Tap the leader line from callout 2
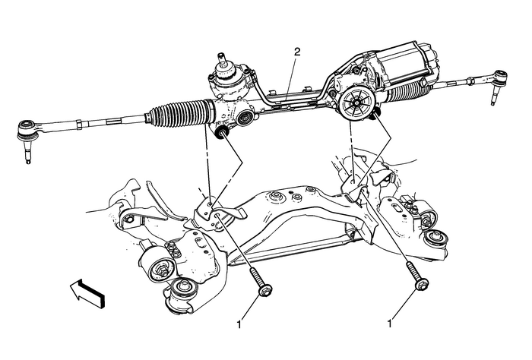point(293,72)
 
